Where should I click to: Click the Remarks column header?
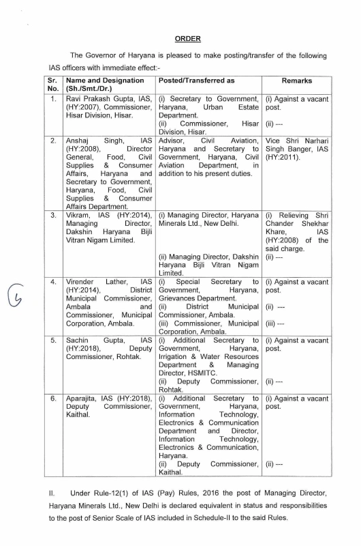[x=296, y=81]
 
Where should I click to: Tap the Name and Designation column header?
[x=99, y=81]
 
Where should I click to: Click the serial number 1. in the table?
[x=52, y=99]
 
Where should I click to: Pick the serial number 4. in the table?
[x=52, y=281]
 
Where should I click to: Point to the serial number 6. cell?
[x=52, y=396]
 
